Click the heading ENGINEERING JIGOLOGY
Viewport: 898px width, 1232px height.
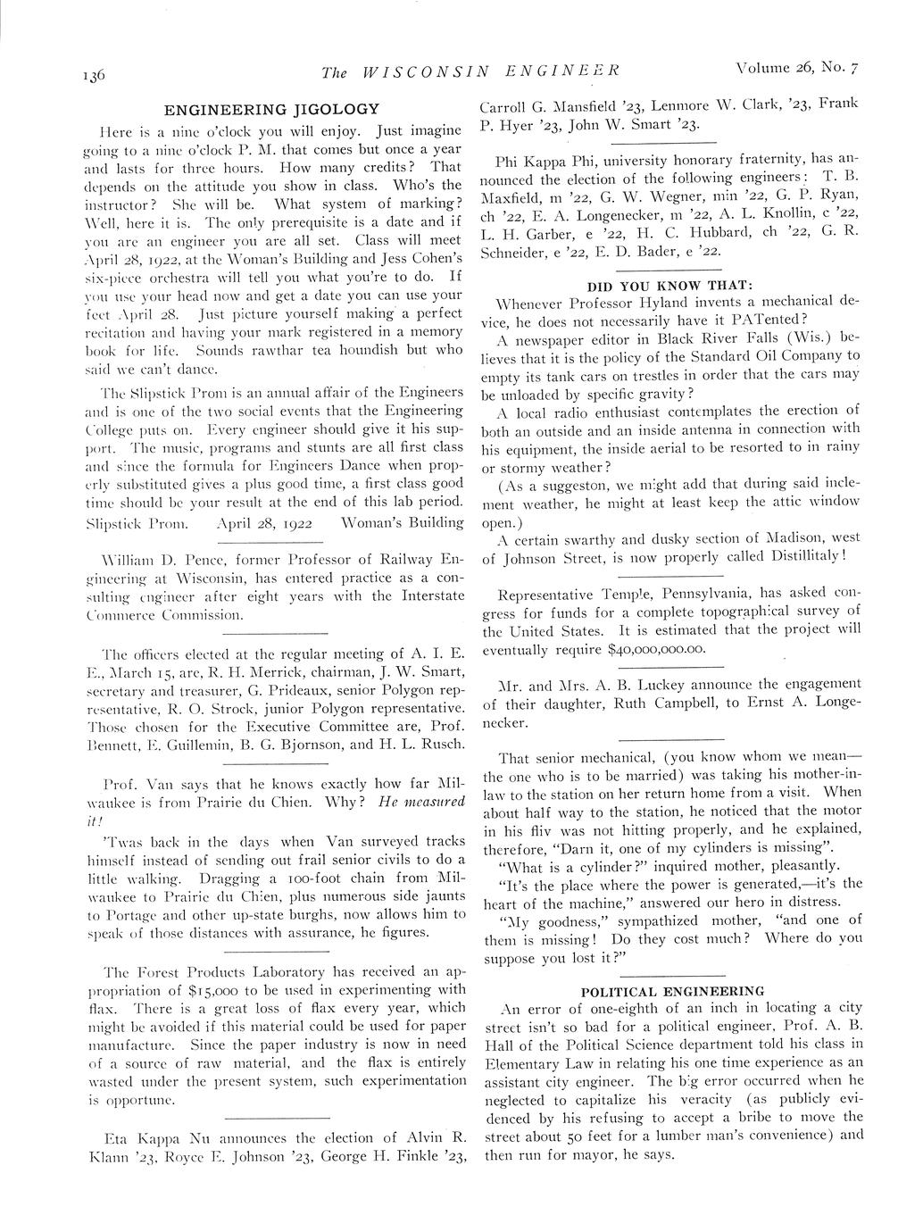pyautogui.click(x=271, y=109)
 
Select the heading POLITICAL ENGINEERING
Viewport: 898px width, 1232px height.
pyautogui.click(x=672, y=991)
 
